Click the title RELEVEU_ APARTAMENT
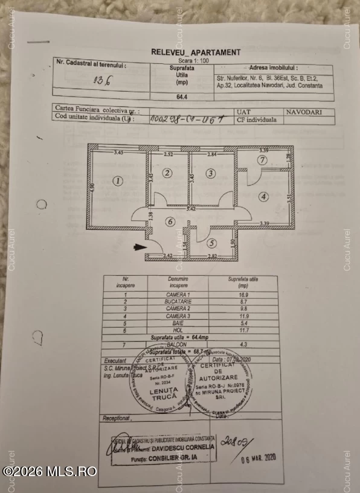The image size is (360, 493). coord(195,52)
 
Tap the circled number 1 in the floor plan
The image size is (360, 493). coord(118,180)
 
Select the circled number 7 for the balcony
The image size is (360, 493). coord(262,160)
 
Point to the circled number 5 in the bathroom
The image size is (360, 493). coord(211,244)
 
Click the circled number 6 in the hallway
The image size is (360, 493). coord(171,221)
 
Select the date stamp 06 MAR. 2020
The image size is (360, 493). coord(257,457)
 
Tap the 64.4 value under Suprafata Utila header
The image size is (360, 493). coord(180,95)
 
